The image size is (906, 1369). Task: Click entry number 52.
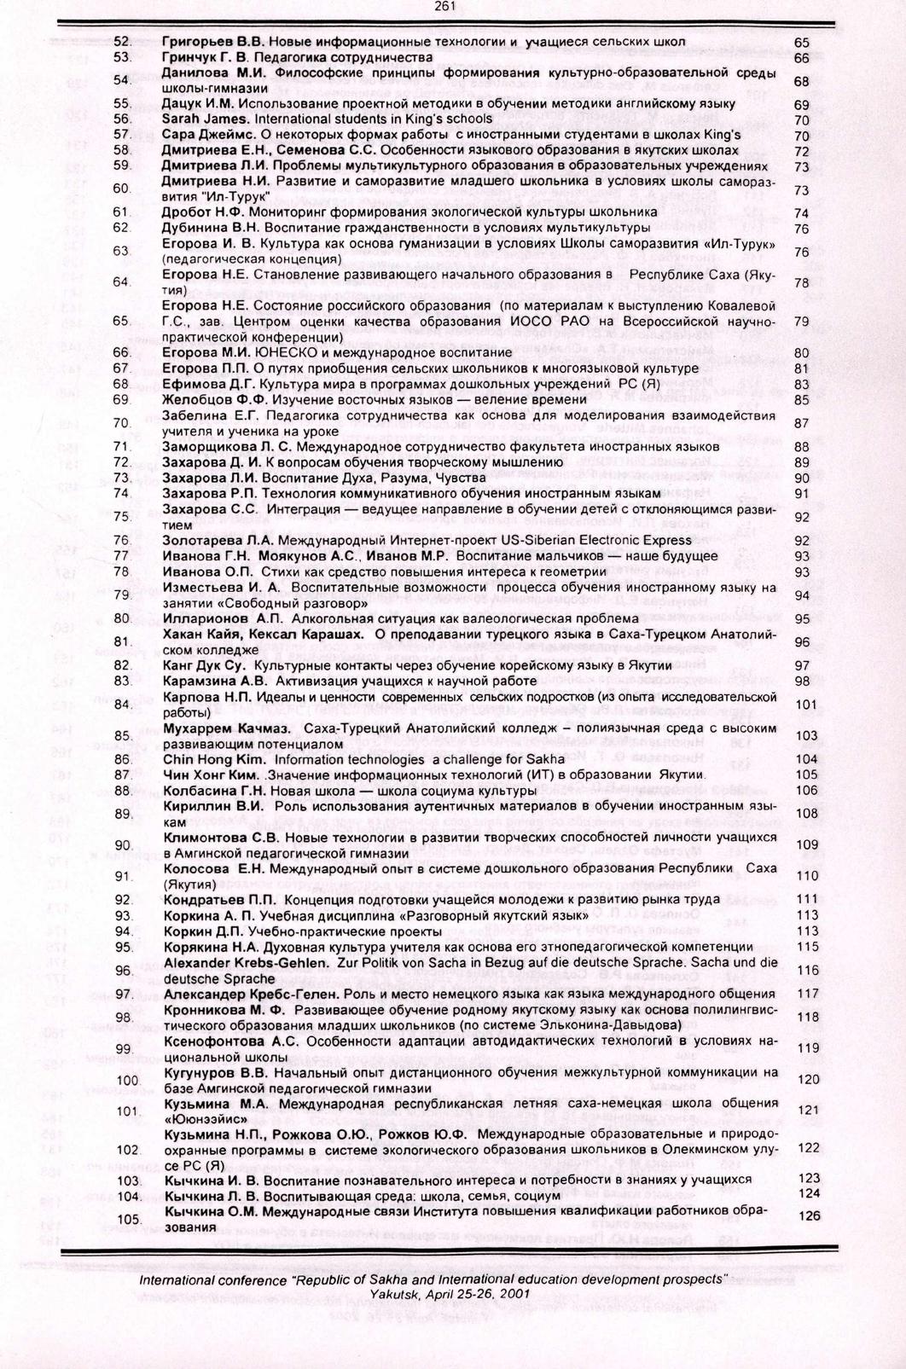pos(121,42)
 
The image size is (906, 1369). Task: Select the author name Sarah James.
pos(199,119)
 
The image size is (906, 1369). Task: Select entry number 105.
pos(127,1219)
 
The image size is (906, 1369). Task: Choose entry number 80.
pos(121,618)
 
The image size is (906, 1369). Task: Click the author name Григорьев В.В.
pos(216,42)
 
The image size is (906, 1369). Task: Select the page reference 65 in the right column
pos(801,42)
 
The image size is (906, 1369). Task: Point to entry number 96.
pos(123,971)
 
